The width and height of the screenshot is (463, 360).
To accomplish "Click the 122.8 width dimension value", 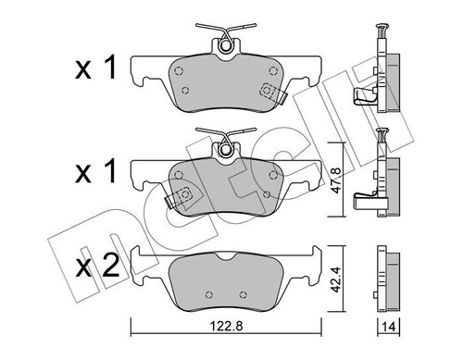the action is click(x=226, y=326).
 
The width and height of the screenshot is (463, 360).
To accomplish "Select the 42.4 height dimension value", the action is click(x=336, y=279).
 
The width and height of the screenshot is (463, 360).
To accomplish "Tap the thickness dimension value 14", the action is click(x=389, y=327).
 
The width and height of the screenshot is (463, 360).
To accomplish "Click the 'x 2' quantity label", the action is click(x=97, y=266).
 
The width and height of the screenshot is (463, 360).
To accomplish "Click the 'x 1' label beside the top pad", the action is click(x=95, y=68).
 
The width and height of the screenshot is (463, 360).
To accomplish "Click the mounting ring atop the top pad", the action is click(x=226, y=45).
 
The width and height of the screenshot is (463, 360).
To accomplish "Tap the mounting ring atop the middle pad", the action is click(x=226, y=149).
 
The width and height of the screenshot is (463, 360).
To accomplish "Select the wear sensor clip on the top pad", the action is click(x=273, y=93).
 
